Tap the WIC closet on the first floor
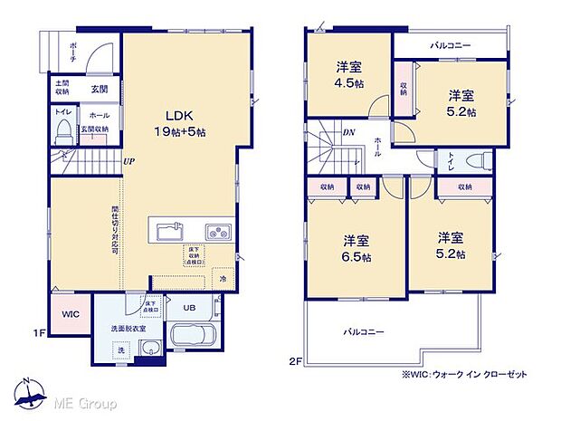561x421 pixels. (x=71, y=314)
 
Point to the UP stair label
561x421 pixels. (x=129, y=162)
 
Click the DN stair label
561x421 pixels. (x=349, y=132)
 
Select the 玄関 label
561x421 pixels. (x=99, y=89)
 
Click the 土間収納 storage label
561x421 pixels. (x=62, y=88)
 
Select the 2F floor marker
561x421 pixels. (x=296, y=360)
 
